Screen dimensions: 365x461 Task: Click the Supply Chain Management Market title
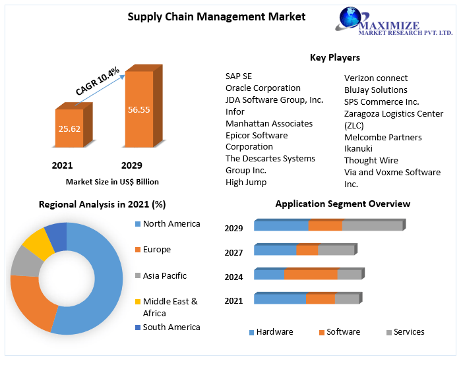[x=216, y=16]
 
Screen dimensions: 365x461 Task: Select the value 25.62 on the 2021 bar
[x=69, y=128]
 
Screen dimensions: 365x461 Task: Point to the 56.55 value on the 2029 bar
[x=138, y=109]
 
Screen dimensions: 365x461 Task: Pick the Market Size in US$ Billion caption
[x=112, y=181]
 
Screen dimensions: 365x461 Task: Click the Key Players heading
[x=335, y=58]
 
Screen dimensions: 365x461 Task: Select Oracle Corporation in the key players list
[x=262, y=88]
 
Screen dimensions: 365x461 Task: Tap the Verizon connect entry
[x=376, y=78]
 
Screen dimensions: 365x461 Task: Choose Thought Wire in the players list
[x=371, y=160]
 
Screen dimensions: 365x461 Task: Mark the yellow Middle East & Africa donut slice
[x=39, y=243]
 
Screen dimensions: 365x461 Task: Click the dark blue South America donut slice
[x=57, y=235]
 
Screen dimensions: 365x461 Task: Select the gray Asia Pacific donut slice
[x=24, y=261]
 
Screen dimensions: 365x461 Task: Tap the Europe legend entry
[x=156, y=250]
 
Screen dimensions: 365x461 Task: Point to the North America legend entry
[x=171, y=224]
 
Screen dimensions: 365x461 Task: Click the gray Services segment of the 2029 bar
[x=372, y=226]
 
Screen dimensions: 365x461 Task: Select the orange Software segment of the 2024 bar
[x=311, y=275]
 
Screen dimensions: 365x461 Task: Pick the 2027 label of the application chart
[x=233, y=252]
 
